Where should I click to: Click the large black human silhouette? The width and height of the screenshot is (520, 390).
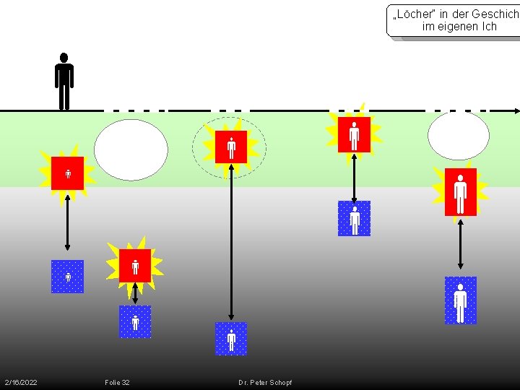coord(64,82)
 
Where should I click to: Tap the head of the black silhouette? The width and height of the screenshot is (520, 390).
coord(64,57)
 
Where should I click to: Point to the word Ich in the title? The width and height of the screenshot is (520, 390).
coord(489,27)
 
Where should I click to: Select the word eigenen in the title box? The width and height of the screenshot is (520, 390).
coord(457,27)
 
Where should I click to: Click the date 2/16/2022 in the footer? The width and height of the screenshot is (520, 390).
coord(21,382)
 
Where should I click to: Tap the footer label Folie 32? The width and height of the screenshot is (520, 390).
coord(117,382)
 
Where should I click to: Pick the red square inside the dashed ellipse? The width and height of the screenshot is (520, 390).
coord(231,147)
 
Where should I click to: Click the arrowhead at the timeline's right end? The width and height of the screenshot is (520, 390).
coord(516,110)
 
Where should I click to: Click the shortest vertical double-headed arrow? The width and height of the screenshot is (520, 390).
coord(135,292)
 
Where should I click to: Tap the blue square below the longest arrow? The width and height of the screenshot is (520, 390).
coord(231,339)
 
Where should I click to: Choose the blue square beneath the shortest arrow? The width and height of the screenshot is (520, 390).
coord(135,322)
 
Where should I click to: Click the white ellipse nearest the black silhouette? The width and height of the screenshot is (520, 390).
coord(131,149)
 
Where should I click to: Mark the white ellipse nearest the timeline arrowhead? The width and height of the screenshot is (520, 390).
coord(459,135)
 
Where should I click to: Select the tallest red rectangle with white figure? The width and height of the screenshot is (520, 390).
coord(460,192)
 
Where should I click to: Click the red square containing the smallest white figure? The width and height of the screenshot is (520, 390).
coord(67,173)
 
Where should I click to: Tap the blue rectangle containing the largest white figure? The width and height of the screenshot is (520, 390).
coord(460,300)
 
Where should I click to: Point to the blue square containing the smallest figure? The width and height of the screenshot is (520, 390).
coord(67,277)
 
